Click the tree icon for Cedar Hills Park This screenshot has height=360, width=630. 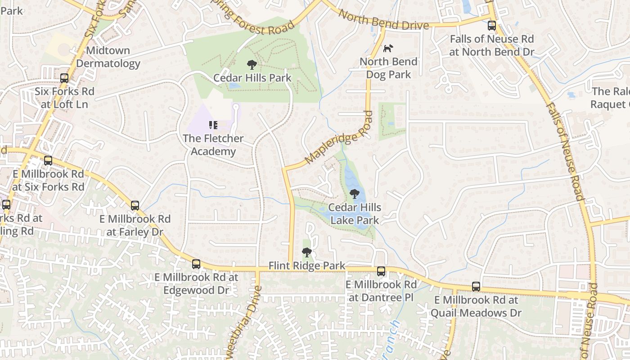point(252,65)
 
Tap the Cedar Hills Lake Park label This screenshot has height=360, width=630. point(355,214)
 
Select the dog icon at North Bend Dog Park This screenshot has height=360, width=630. point(388,48)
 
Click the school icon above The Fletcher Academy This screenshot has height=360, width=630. point(213,125)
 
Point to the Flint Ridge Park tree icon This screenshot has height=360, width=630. point(307,252)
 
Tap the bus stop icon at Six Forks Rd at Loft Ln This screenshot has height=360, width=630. point(64,78)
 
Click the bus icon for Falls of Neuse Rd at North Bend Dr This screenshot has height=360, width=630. point(492,26)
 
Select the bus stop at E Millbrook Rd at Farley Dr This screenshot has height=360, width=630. point(135,206)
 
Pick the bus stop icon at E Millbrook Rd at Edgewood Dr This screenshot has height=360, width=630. point(196,264)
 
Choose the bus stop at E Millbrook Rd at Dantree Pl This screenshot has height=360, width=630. point(381,271)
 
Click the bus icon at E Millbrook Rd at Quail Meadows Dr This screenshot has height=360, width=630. point(476,287)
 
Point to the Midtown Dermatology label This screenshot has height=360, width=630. point(108,57)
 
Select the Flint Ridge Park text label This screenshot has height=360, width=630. point(307,266)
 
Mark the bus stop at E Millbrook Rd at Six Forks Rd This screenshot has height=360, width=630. point(48,161)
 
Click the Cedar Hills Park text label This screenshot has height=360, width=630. point(252,78)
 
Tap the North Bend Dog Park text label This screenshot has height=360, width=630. point(389,68)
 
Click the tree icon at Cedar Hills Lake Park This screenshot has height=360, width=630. point(355,194)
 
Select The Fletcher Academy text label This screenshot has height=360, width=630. point(213,144)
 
